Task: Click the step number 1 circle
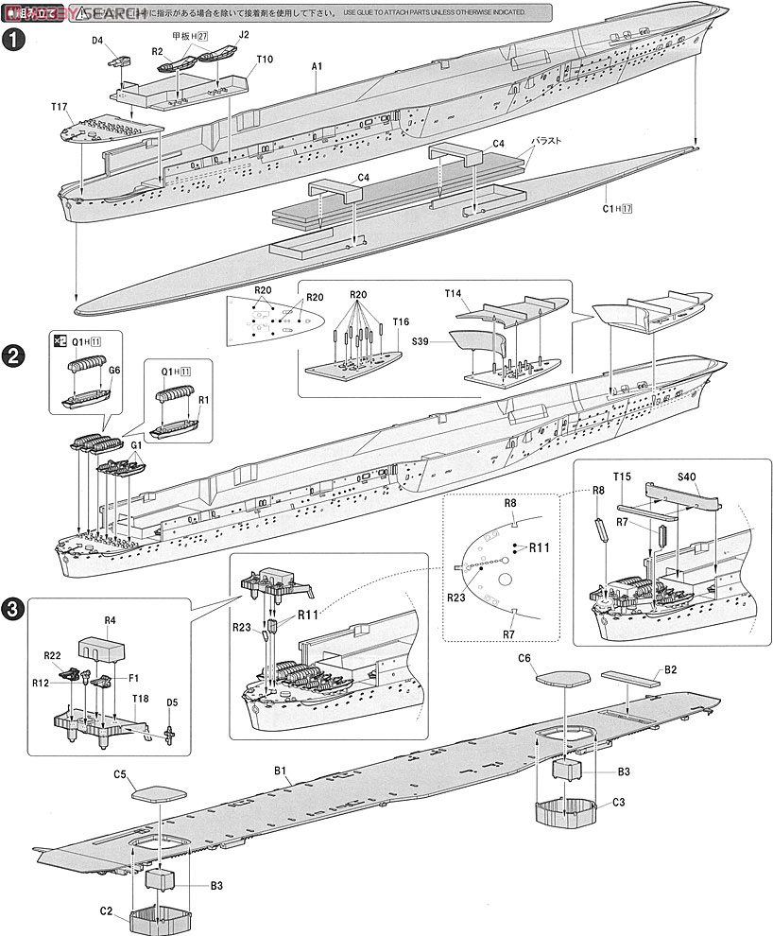click(x=14, y=41)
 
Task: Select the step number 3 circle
click(x=14, y=610)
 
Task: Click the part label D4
click(x=97, y=41)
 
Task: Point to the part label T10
click(x=265, y=59)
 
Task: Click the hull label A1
click(x=318, y=66)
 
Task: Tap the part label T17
click(x=59, y=107)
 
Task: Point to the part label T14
click(x=455, y=294)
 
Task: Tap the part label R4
click(x=109, y=621)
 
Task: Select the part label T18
click(x=140, y=698)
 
